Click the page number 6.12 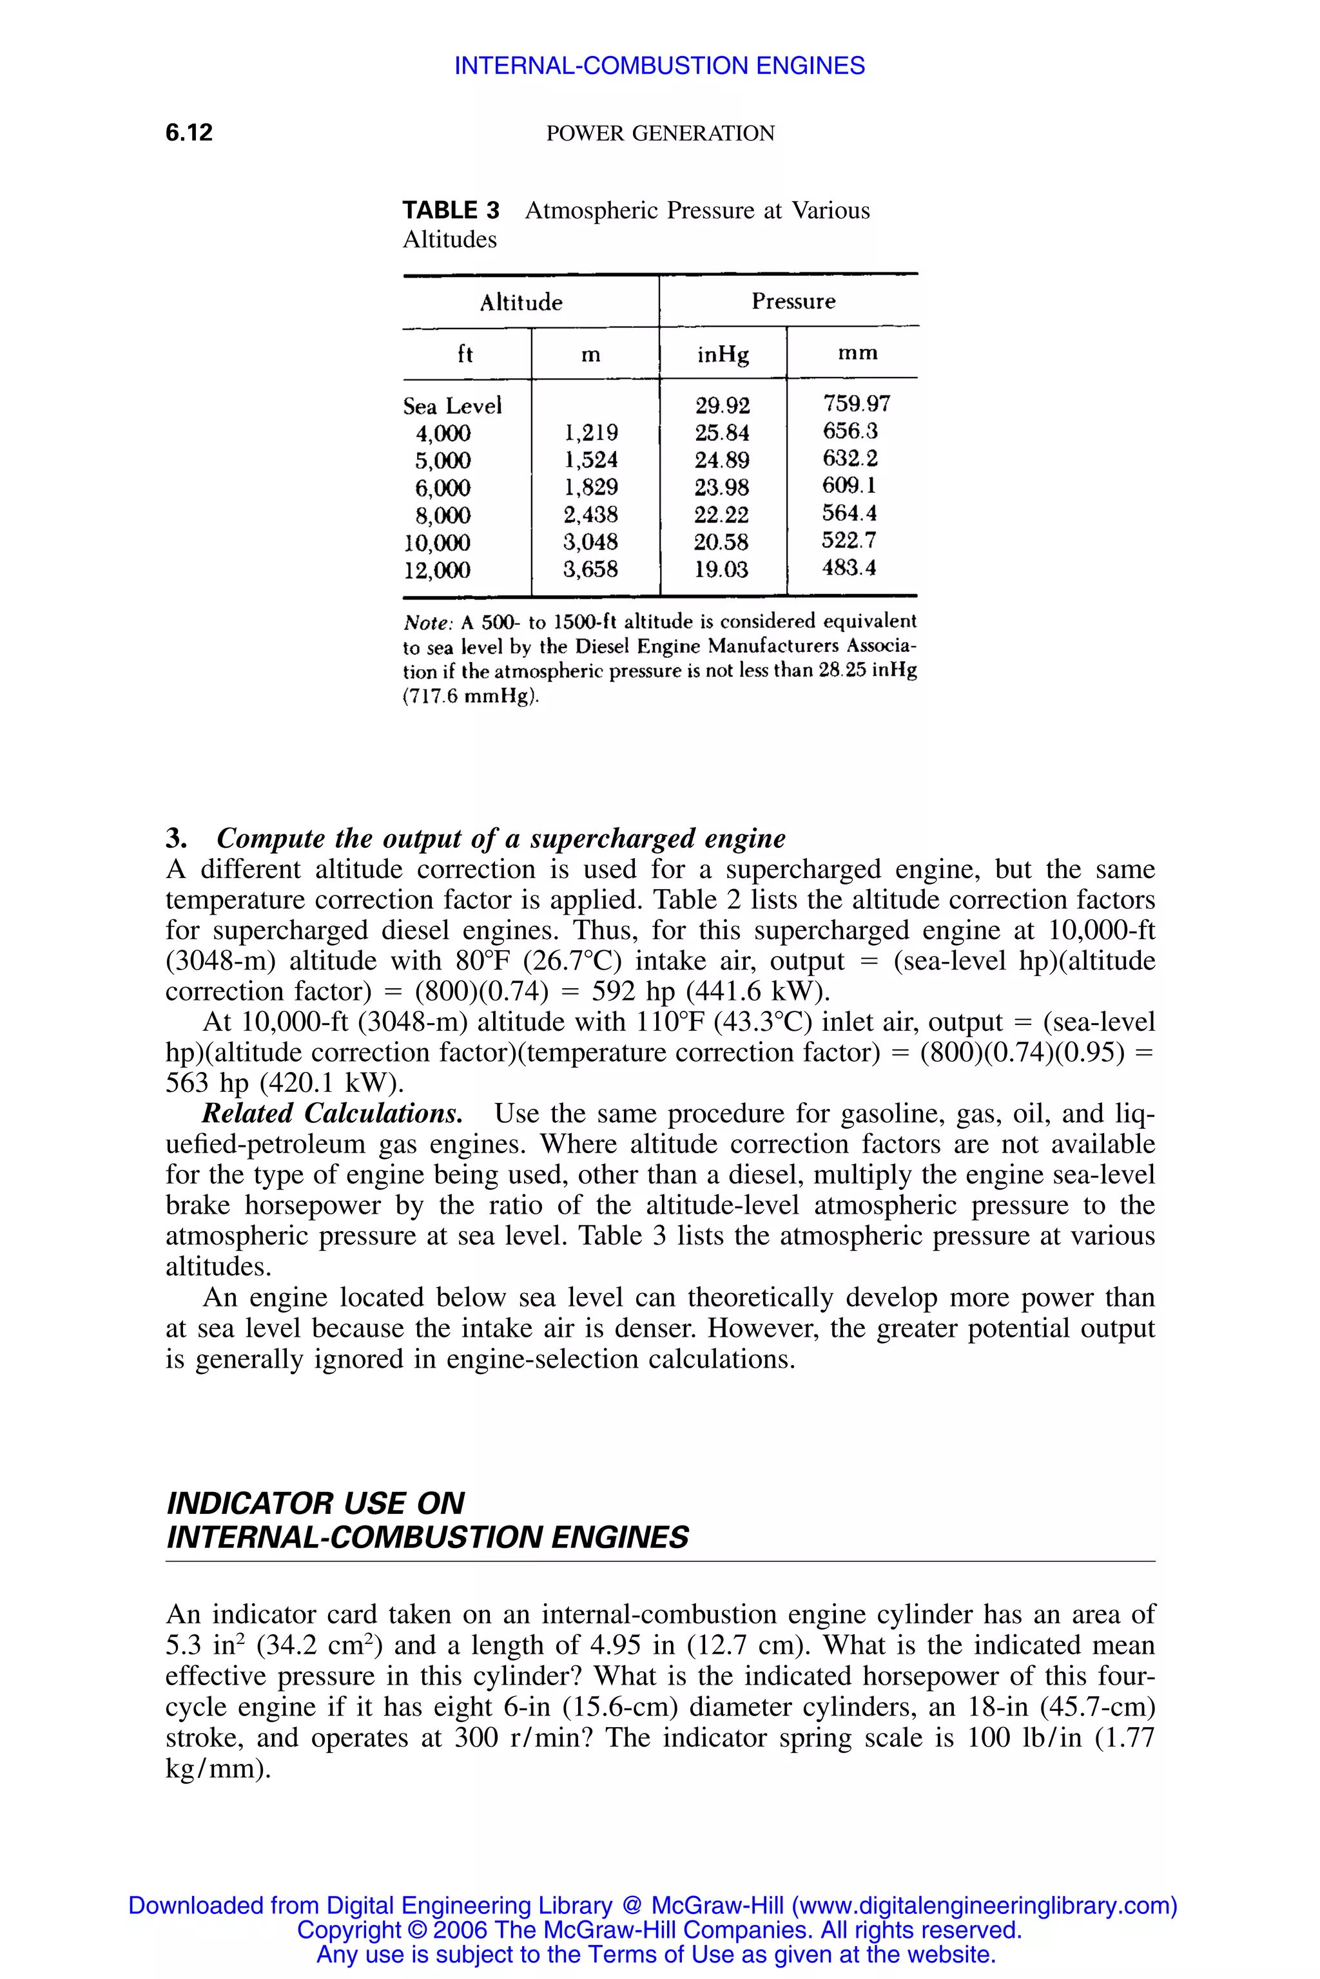(189, 132)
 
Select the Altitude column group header (521, 301)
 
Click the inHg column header (723, 354)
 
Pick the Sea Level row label (452, 406)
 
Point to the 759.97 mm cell (856, 404)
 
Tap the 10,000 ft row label (437, 542)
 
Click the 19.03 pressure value (721, 569)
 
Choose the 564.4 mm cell (849, 513)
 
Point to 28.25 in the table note (842, 671)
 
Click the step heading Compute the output (500, 838)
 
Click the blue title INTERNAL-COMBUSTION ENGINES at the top (659, 66)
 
